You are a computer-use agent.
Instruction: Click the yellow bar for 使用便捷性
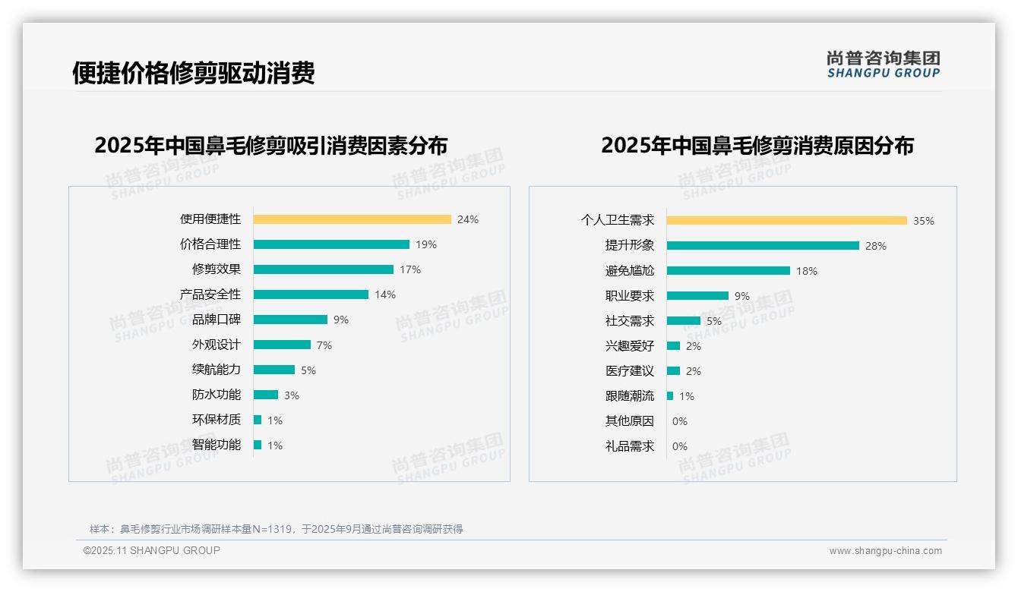coord(352,219)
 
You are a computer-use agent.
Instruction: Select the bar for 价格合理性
coord(331,244)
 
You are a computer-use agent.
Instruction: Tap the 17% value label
coord(410,269)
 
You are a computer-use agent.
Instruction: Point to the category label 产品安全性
coord(210,294)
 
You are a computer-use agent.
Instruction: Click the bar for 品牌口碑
coord(290,320)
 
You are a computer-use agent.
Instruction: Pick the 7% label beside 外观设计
coord(324,345)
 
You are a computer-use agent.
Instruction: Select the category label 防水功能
coord(216,395)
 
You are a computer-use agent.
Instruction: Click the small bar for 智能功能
coord(258,445)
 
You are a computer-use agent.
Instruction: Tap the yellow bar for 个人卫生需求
coord(786,221)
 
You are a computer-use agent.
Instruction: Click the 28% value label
coord(876,246)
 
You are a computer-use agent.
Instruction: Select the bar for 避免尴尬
coord(728,271)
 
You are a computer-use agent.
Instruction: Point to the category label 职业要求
coord(629,296)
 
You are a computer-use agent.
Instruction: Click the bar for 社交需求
coord(683,321)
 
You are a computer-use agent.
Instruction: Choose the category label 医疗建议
coord(629,371)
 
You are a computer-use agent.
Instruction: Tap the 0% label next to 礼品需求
coord(680,446)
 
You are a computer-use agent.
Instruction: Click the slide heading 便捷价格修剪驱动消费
coord(193,73)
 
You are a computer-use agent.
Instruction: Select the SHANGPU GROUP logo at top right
coord(883,65)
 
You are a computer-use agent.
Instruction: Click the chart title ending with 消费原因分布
coord(757,146)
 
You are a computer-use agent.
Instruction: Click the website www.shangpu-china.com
coord(885,551)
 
